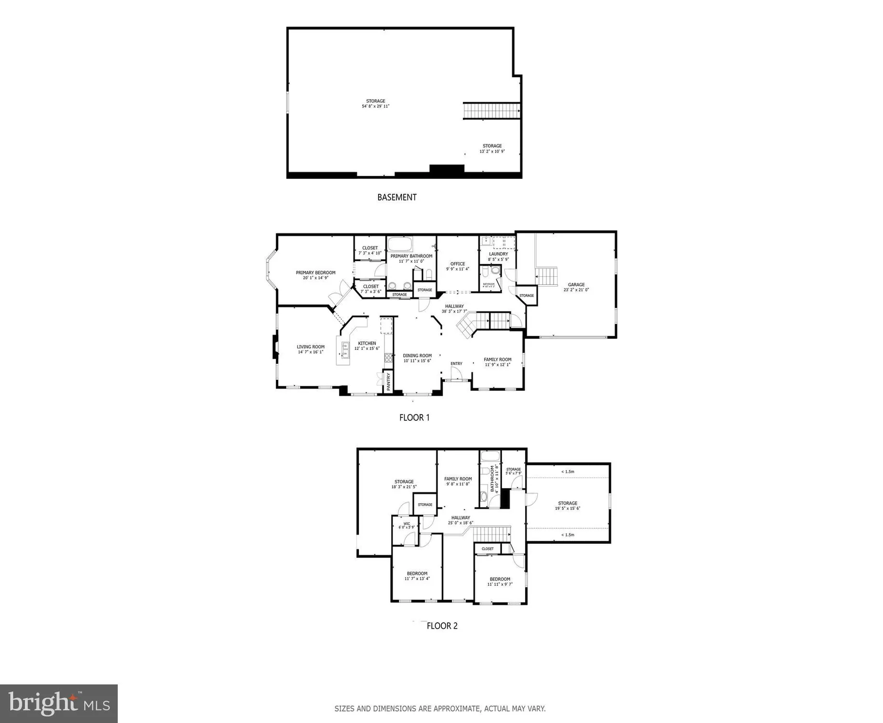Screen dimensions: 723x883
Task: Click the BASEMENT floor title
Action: tap(396, 197)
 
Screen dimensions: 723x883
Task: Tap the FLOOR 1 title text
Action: tap(414, 418)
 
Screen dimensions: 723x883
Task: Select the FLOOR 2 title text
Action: tap(442, 626)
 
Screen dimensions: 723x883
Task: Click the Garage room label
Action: tap(576, 285)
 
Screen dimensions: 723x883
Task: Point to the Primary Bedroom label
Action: tap(315, 273)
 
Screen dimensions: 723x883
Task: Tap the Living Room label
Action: tap(311, 347)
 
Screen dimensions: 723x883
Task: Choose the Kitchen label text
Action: tap(367, 344)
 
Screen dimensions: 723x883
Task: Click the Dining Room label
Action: tap(417, 356)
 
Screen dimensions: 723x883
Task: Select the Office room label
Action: tap(458, 264)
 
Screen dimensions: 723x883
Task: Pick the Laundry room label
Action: tap(498, 254)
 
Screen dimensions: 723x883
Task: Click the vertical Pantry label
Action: tap(389, 381)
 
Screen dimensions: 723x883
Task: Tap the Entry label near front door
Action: tap(456, 364)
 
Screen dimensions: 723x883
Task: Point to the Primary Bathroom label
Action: tap(411, 256)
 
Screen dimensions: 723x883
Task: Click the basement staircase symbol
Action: tap(491, 111)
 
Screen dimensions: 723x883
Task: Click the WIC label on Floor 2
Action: tap(407, 523)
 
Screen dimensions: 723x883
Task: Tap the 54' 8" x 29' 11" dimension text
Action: tap(376, 107)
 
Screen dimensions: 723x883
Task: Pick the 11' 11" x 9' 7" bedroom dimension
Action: tap(500, 585)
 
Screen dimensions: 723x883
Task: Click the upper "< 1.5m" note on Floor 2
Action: tap(568, 472)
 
